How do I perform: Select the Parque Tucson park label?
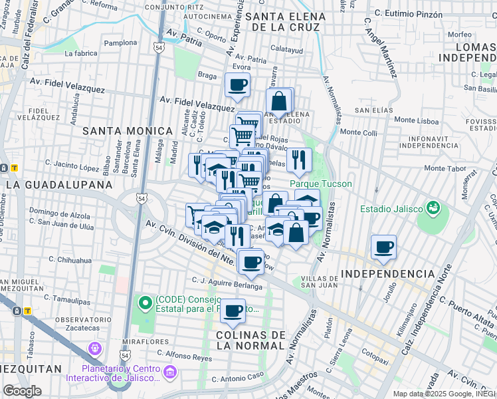(x=321, y=184)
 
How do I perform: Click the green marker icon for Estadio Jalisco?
(x=433, y=209)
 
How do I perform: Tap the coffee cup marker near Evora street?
(x=237, y=84)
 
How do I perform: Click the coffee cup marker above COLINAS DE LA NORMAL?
(x=233, y=311)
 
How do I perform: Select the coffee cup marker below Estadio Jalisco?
(x=384, y=247)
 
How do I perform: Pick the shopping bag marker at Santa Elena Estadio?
(x=280, y=102)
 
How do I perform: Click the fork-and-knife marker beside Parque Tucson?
(x=300, y=160)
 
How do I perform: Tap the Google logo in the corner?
(x=22, y=390)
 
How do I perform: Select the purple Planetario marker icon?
(x=94, y=348)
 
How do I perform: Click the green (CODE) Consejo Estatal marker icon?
(x=146, y=304)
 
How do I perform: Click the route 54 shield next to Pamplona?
(x=158, y=48)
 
